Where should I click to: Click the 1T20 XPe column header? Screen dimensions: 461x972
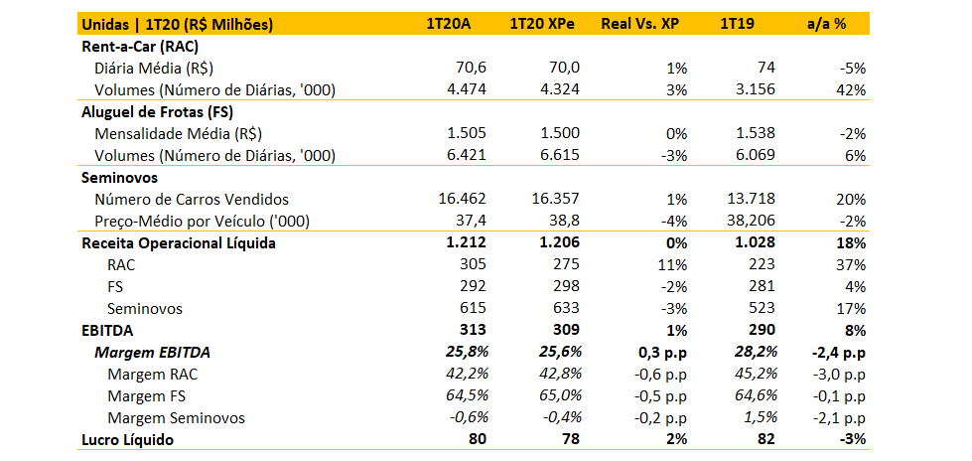click(x=544, y=24)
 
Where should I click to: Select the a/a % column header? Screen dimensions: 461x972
click(x=826, y=24)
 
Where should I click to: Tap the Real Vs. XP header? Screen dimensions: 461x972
click(x=641, y=24)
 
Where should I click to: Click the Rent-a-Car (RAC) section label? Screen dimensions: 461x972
click(x=148, y=46)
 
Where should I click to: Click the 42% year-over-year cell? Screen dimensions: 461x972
click(x=850, y=89)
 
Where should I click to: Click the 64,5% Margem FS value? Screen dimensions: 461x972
click(x=464, y=395)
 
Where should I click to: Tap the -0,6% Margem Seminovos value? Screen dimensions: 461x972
click(x=464, y=417)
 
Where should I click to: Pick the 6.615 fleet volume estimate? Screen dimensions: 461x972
click(x=559, y=155)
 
